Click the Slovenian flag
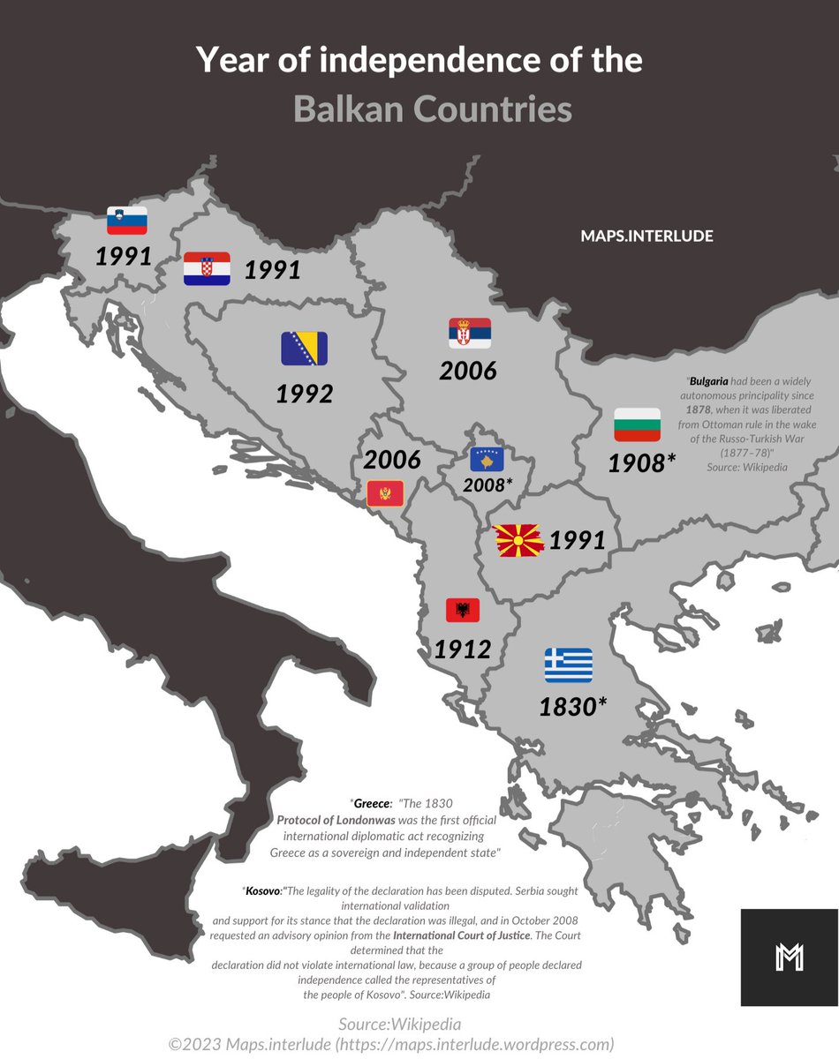coord(126,220)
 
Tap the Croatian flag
coord(207,268)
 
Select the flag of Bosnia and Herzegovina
coord(304,349)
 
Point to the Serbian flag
coord(470,333)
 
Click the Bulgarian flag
coord(638,424)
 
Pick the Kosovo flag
coord(488,459)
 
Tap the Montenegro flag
coord(385,493)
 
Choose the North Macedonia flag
coord(518,540)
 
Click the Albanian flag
coord(462,609)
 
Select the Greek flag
coord(568,665)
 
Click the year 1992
coord(304,394)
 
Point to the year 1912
coord(462,650)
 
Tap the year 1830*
coord(573,706)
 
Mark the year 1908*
coord(641,462)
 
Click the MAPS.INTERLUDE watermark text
coord(646,237)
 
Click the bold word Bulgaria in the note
coord(708,382)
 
